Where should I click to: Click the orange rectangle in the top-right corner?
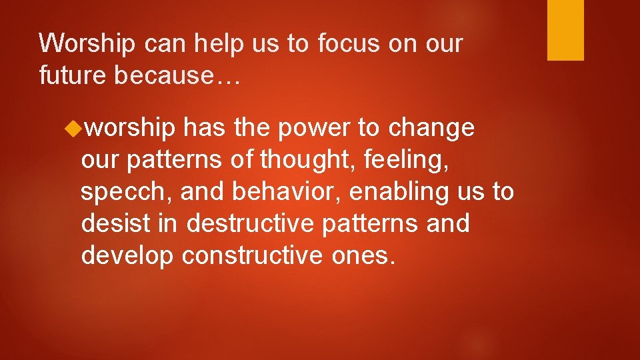(x=565, y=30)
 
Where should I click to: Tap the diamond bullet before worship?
(x=75, y=127)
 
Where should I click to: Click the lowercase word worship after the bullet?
(x=131, y=128)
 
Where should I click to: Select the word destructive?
(x=250, y=223)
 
